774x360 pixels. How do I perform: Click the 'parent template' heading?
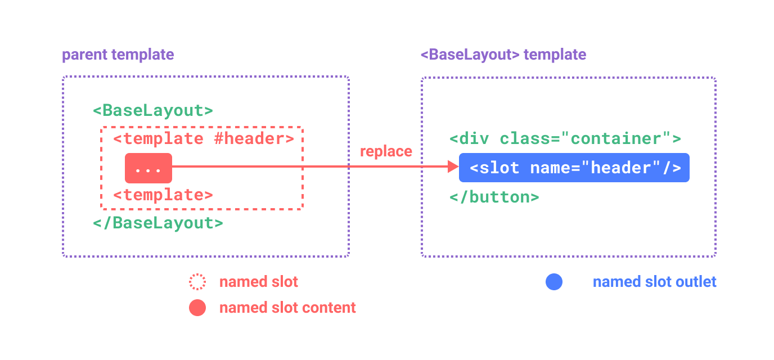pos(118,55)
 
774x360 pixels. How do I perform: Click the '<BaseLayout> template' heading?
pos(503,55)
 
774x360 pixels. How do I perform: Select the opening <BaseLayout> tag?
pos(153,110)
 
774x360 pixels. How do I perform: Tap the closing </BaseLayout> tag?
pos(158,223)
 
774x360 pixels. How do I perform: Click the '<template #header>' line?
pos(203,138)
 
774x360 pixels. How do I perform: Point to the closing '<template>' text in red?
pos(163,195)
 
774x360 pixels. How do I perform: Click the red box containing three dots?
pos(148,168)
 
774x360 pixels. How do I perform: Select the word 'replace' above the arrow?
pos(386,151)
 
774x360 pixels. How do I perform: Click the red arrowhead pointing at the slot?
pos(453,166)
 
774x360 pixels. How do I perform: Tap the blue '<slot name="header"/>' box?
pos(574,168)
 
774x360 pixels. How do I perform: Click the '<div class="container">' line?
pos(565,138)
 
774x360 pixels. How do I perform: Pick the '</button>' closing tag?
pos(494,197)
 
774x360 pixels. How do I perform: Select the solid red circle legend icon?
pos(197,308)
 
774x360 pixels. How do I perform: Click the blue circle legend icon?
pos(554,282)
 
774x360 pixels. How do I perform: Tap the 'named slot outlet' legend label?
pos(655,282)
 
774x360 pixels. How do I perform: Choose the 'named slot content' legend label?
pos(287,308)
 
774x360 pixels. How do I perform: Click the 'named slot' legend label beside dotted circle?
pos(259,282)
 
